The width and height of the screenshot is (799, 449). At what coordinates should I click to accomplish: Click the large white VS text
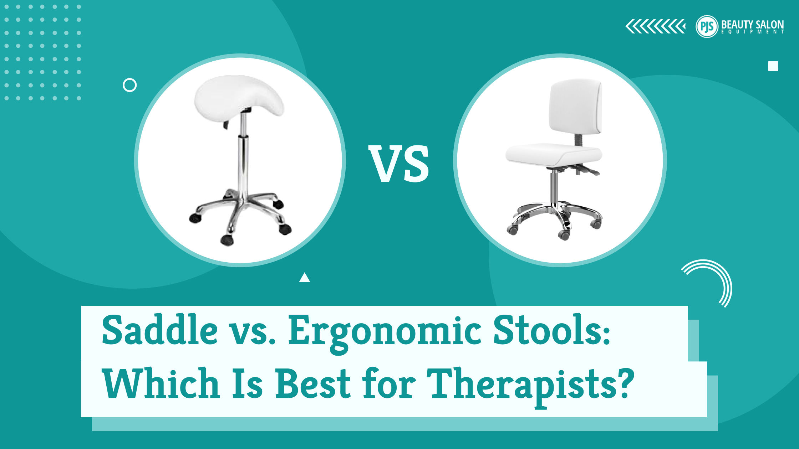pyautogui.click(x=399, y=164)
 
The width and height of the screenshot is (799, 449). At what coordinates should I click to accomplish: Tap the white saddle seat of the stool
pyautogui.click(x=237, y=96)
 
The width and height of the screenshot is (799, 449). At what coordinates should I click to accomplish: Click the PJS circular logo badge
pyautogui.click(x=707, y=26)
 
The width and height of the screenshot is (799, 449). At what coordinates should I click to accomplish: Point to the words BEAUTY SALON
pyautogui.click(x=752, y=24)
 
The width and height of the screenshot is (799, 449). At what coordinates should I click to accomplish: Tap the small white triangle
pyautogui.click(x=305, y=278)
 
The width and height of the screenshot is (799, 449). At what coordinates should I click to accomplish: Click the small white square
pyautogui.click(x=773, y=66)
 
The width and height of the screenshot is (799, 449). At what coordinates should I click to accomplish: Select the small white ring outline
pyautogui.click(x=129, y=85)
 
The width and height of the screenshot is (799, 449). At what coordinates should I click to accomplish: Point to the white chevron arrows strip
pyautogui.click(x=655, y=26)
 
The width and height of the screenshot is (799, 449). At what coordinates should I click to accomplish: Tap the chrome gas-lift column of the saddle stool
pyautogui.click(x=244, y=157)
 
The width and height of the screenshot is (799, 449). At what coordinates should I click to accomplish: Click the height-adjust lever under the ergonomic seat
pyautogui.click(x=589, y=171)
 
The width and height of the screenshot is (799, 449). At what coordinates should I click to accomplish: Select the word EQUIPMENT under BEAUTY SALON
pyautogui.click(x=752, y=32)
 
